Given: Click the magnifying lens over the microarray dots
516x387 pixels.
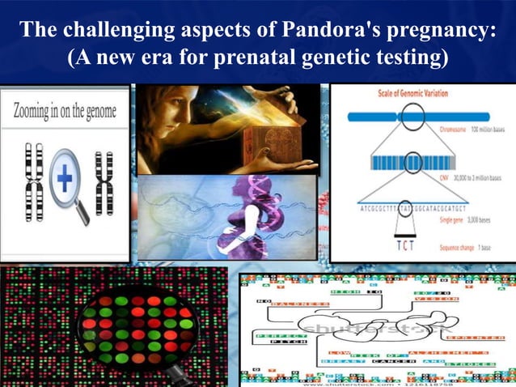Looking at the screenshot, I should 137,327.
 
